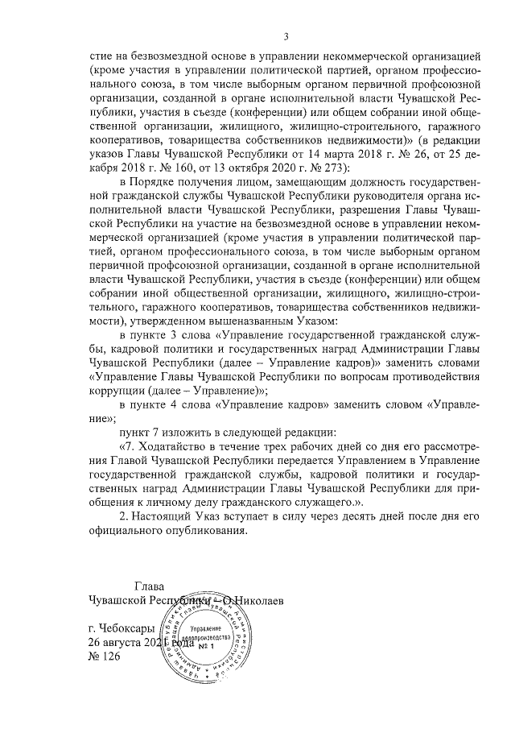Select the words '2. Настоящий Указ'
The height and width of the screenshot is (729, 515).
tap(169, 516)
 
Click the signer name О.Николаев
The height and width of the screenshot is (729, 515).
tap(253, 600)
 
